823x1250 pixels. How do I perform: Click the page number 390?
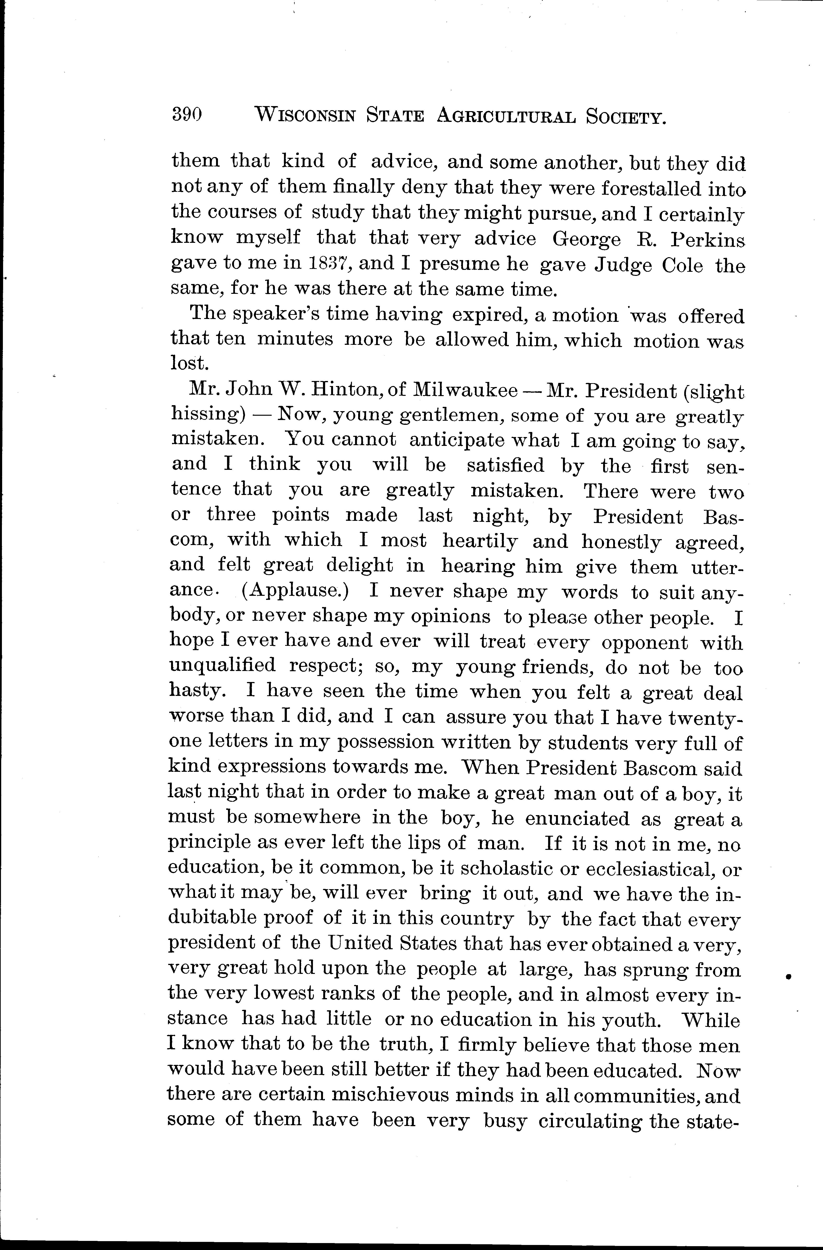[187, 114]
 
